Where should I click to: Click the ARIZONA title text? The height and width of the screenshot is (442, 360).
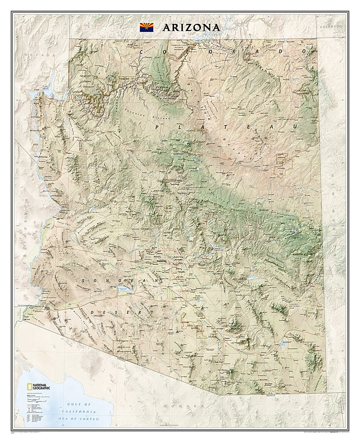[x=191, y=27]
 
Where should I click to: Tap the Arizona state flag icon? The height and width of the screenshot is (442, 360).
[x=147, y=27]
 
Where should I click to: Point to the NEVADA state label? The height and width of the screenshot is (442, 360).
[x=41, y=55]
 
